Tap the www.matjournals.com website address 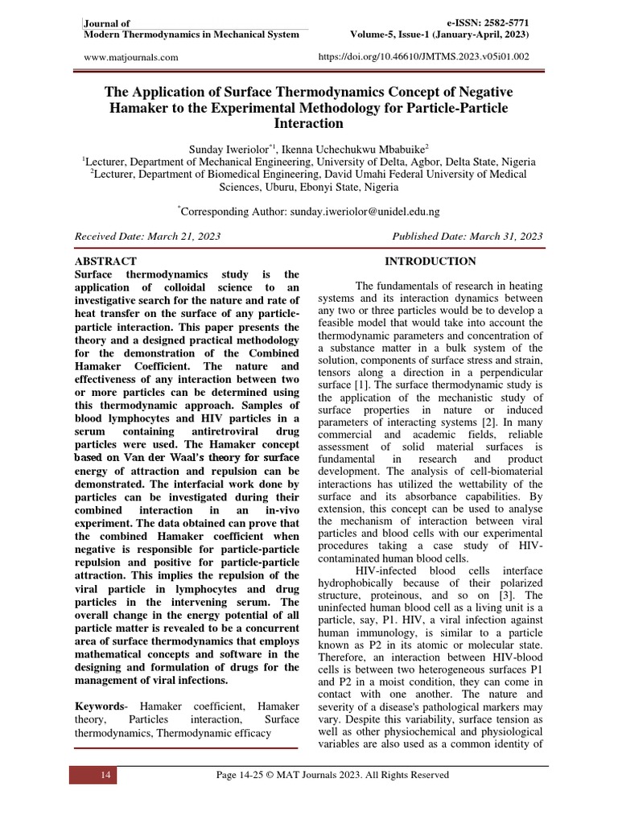pos(131,57)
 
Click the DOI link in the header pos(424,57)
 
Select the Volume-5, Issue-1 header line pos(439,35)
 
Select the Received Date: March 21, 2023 pos(147,237)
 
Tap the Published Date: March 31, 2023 pos(467,237)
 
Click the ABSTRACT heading pos(105,262)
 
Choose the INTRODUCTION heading pos(430,262)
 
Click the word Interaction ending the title pos(308,124)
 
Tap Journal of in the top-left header pos(107,23)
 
